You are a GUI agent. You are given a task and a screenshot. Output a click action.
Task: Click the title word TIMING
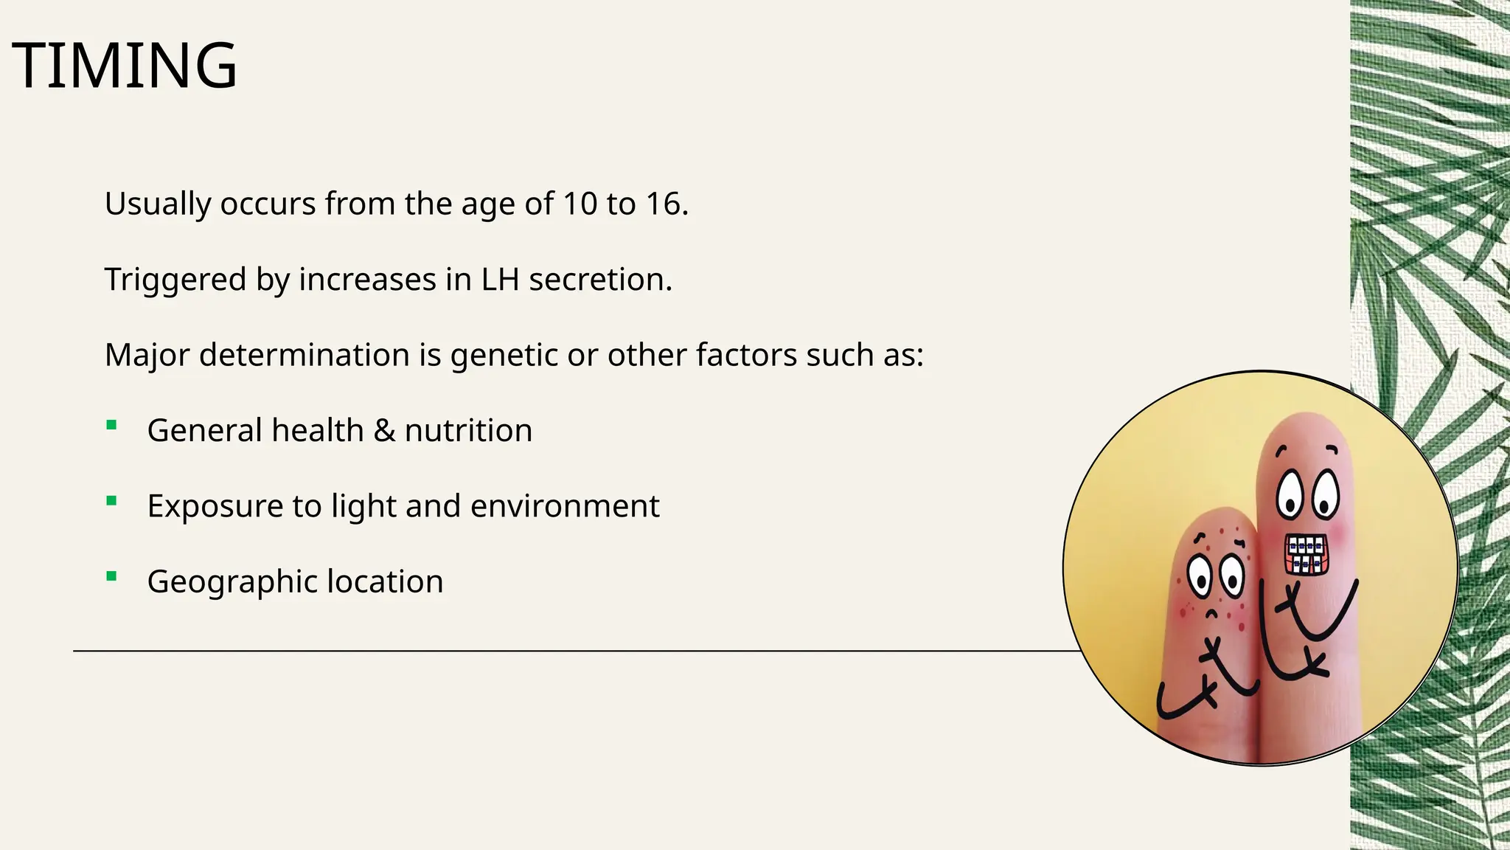pyautogui.click(x=125, y=66)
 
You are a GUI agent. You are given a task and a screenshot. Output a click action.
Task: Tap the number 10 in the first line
pyautogui.click(x=580, y=204)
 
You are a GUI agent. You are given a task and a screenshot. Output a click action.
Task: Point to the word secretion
pyautogui.click(x=599, y=280)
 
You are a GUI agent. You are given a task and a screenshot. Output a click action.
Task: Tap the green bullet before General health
pyautogui.click(x=111, y=424)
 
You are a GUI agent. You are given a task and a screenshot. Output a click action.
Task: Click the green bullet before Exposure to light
pyautogui.click(x=111, y=501)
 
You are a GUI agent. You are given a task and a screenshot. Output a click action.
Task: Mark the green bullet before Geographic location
pyautogui.click(x=111, y=576)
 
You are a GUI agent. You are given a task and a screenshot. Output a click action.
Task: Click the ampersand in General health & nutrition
pyautogui.click(x=384, y=431)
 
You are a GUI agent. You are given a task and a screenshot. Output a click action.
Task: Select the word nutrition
pyautogui.click(x=468, y=431)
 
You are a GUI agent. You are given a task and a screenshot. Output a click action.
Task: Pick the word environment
pyautogui.click(x=565, y=506)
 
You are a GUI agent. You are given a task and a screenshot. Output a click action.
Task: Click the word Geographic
pyautogui.click(x=232, y=582)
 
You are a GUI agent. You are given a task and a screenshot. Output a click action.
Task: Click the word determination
pyautogui.click(x=304, y=356)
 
